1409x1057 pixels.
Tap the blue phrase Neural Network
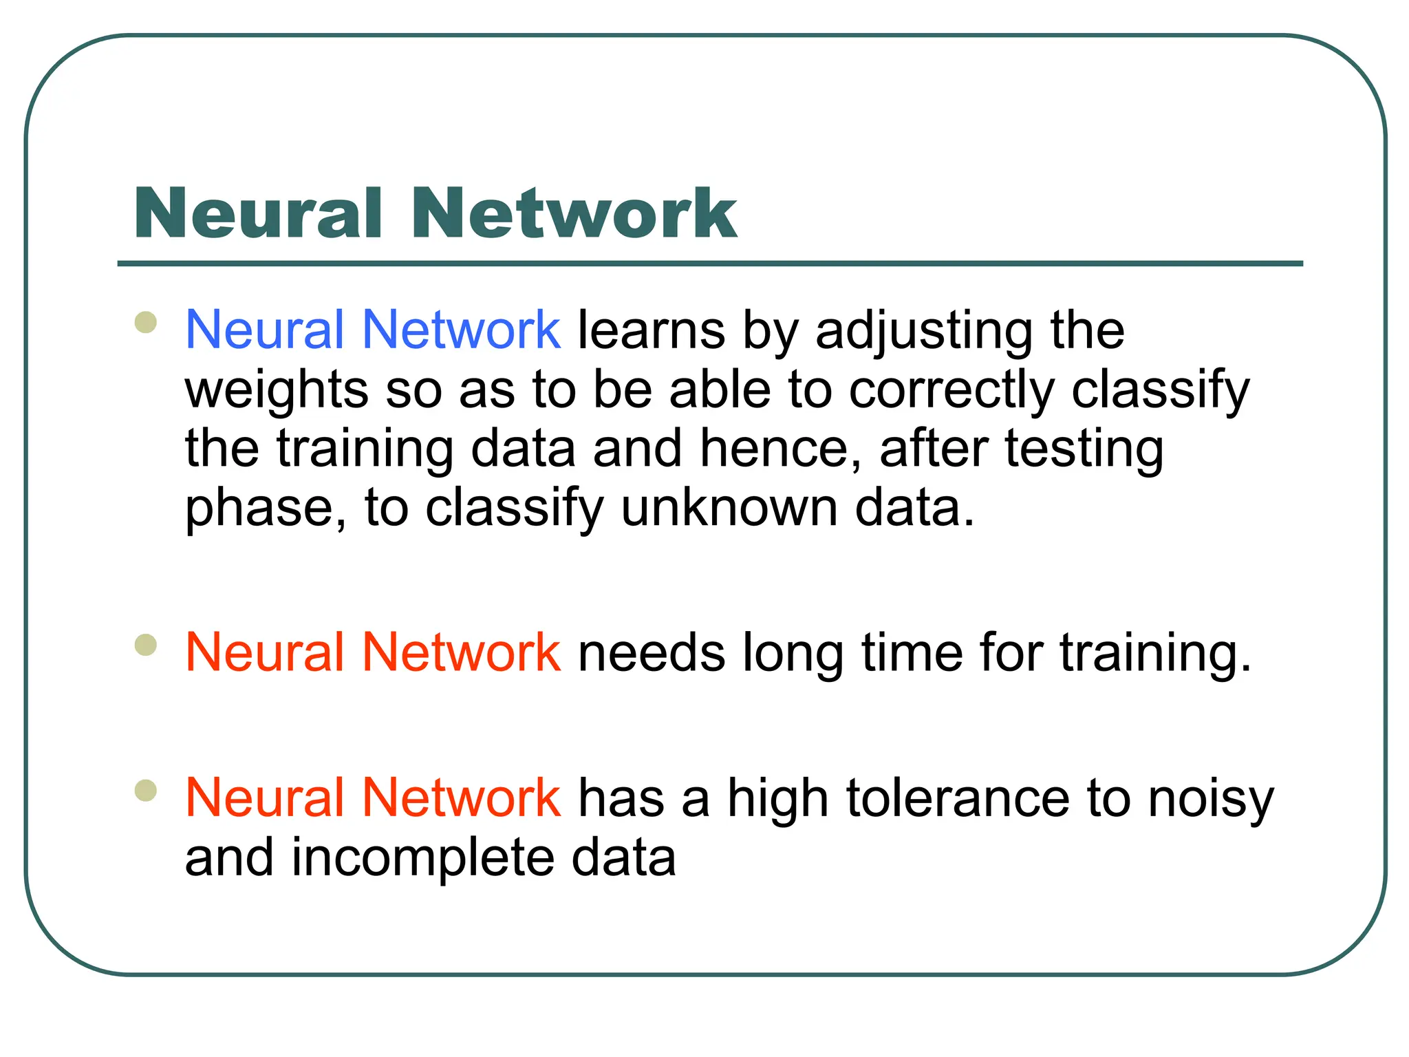pos(372,330)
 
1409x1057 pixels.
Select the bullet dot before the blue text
pos(146,322)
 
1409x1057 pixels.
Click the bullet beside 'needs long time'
pos(146,645)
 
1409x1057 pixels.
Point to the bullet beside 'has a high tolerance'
pos(146,790)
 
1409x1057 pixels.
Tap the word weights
pos(277,391)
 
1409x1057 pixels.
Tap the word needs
pos(651,653)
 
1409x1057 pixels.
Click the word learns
pos(651,331)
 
